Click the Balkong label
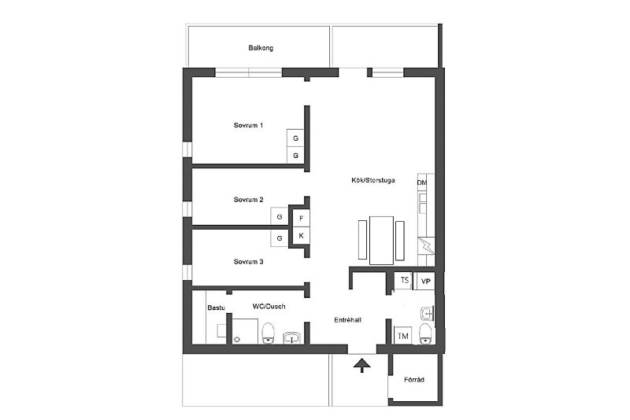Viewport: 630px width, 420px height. click(261, 48)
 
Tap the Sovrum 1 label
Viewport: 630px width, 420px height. click(248, 125)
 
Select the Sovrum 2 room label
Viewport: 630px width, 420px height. click(248, 199)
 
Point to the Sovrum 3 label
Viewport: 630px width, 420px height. click(248, 262)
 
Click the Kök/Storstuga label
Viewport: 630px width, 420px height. click(372, 181)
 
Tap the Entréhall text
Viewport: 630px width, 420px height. click(347, 319)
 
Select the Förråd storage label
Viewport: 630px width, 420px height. click(414, 379)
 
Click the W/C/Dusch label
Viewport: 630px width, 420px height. click(269, 306)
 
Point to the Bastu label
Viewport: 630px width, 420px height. click(216, 308)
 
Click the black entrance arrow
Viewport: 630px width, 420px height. click(362, 366)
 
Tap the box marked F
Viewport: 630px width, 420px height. click(302, 219)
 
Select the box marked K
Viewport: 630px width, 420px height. click(302, 236)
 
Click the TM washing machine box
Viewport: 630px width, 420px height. click(402, 336)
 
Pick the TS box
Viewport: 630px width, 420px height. click(403, 280)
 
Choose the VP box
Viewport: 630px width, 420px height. click(425, 282)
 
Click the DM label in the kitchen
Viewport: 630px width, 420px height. click(422, 183)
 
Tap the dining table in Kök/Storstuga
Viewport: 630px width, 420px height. click(381, 241)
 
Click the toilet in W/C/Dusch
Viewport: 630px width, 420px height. click(268, 333)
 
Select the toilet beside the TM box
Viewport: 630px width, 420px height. click(425, 333)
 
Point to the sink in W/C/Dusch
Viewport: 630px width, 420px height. click(293, 337)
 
